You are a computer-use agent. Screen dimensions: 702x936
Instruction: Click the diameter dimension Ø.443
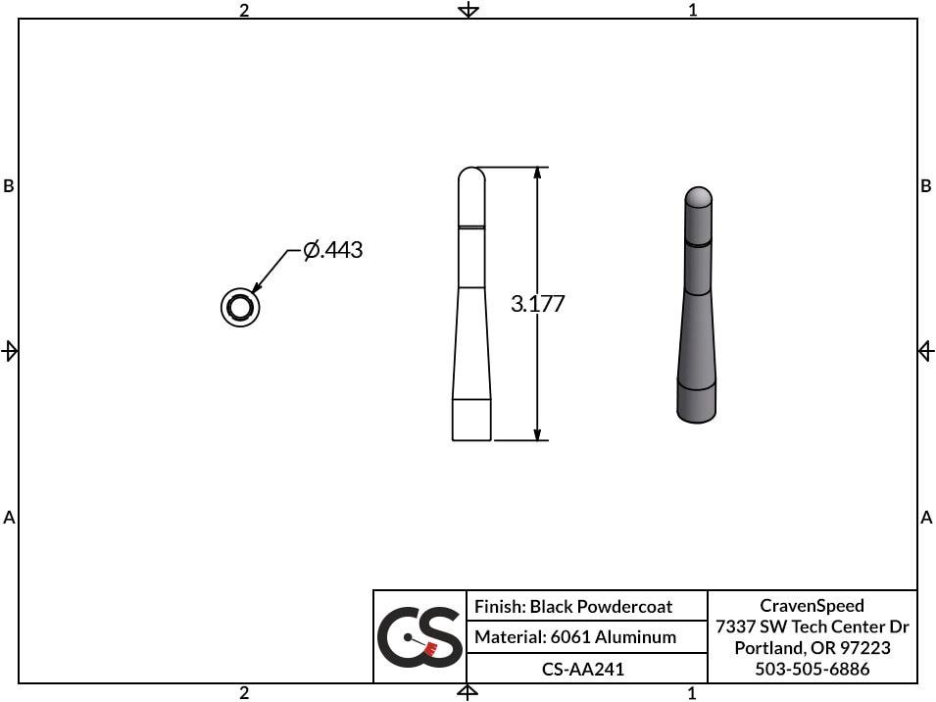[x=333, y=251]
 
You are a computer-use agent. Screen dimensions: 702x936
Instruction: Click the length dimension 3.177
[x=537, y=304]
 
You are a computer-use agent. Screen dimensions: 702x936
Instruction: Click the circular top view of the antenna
[x=239, y=308]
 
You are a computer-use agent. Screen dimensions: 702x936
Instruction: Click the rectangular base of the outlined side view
[x=471, y=420]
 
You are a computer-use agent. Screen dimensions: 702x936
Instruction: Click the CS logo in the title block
[x=419, y=636]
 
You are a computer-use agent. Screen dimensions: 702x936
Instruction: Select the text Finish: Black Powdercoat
[x=573, y=607]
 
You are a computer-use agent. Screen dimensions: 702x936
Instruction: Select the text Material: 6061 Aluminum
[x=575, y=637]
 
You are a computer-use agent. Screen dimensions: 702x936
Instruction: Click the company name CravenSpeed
[x=812, y=606]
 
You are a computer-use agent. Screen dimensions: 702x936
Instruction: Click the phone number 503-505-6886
[x=812, y=670]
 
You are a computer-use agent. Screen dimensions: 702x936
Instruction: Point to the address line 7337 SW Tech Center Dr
[x=812, y=627]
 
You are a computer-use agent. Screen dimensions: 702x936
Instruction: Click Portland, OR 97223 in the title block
[x=812, y=648]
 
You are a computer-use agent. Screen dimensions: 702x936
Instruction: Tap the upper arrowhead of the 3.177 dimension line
[x=537, y=175]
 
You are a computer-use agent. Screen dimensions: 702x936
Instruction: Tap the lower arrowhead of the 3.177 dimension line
[x=537, y=433]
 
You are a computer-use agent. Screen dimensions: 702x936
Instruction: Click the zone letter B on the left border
[x=9, y=186]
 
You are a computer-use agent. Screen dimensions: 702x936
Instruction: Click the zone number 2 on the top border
[x=244, y=10]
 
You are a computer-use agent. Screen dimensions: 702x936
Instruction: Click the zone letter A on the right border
[x=926, y=518]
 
